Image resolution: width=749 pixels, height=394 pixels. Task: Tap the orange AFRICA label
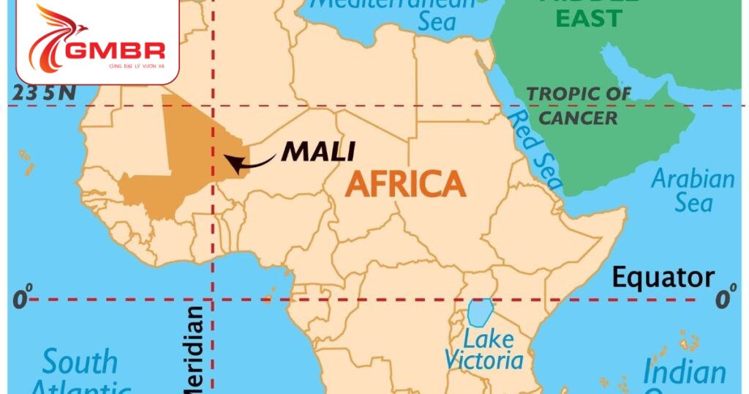[405, 183]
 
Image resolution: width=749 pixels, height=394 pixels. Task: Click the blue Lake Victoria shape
[480, 312]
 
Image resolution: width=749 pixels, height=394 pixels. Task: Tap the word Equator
[663, 278]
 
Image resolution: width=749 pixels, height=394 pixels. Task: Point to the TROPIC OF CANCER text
[579, 105]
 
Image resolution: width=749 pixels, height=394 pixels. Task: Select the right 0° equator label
[724, 299]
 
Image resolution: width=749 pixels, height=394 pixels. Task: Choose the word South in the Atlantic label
[79, 362]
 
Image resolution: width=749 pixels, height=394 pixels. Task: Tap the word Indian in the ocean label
[684, 372]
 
